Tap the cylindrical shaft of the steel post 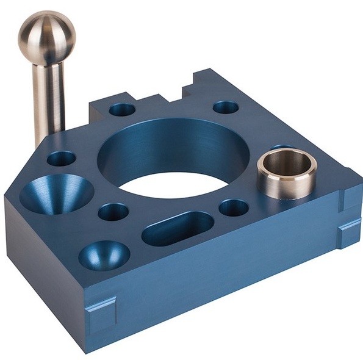[49, 98]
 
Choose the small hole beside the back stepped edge [122, 110]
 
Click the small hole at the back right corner [226, 107]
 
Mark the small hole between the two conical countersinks [113, 212]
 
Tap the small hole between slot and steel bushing [234, 207]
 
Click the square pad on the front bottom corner [100, 312]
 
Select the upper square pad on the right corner [352, 196]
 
